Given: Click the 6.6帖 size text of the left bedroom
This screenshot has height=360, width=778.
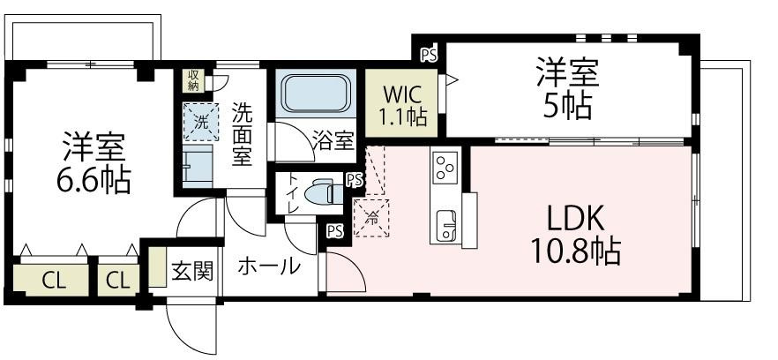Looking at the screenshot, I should click(94, 181).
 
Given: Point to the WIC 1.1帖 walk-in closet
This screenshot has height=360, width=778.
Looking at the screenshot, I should click(403, 104).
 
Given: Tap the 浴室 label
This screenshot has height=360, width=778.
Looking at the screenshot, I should click(334, 141).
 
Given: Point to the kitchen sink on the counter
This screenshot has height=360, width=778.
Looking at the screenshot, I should click(445, 224).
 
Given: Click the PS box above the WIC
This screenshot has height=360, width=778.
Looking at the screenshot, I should click(429, 55).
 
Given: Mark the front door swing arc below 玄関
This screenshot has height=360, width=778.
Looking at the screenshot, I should click(190, 331).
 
